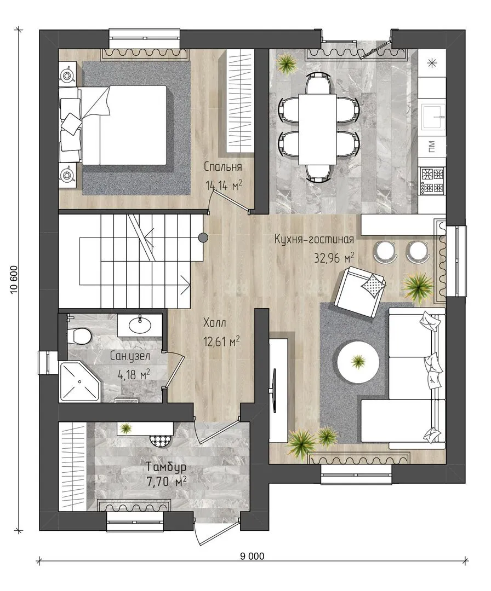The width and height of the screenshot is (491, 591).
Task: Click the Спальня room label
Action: click(222, 166)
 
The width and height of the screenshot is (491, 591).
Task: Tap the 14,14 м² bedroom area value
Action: click(224, 185)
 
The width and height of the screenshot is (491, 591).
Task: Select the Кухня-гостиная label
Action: click(314, 239)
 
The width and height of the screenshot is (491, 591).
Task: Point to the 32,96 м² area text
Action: click(334, 258)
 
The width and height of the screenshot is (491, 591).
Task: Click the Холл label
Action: click(214, 323)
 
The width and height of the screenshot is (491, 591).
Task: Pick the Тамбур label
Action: click(167, 467)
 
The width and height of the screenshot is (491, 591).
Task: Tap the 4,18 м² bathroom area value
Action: click(134, 375)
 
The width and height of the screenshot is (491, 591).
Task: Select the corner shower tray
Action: click(80, 381)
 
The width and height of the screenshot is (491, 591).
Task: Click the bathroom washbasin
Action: click(140, 325)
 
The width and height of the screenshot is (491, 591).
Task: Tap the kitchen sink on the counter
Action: click(432, 117)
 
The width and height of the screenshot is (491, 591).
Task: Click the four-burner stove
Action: click(432, 181)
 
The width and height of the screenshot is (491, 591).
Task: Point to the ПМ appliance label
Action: click(432, 146)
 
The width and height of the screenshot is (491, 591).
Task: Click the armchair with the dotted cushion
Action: click(360, 291)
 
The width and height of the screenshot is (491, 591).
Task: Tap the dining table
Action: click(318, 129)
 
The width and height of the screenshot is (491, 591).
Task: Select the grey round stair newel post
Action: click(203, 237)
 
